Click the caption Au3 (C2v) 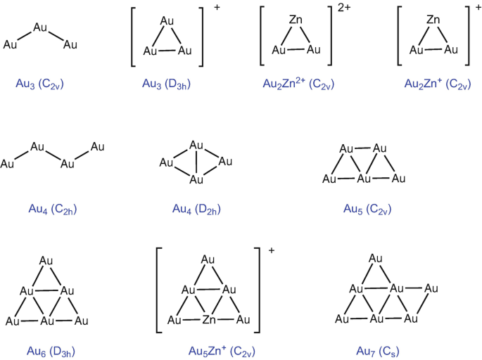[40, 84]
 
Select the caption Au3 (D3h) [167, 84]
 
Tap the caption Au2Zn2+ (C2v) [298, 84]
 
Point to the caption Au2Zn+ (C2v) [433, 84]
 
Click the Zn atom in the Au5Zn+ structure [208, 321]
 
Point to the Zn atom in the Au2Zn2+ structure [297, 21]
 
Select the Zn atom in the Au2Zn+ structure [433, 21]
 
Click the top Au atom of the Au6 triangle [46, 261]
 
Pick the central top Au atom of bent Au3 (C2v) [41, 28]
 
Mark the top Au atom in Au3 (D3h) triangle [167, 21]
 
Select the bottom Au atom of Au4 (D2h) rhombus [197, 180]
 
